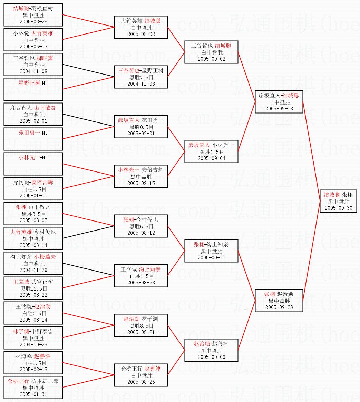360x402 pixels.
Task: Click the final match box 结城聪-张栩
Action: (338, 201)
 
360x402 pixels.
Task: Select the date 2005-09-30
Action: (339, 208)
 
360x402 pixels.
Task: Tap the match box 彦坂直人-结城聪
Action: (279, 102)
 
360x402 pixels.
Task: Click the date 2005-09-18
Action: (279, 108)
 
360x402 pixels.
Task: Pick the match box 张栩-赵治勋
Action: (279, 301)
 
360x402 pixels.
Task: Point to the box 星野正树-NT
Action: (33, 89)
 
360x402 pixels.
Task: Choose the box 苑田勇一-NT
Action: (33, 139)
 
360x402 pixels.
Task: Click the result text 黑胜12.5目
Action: (33, 288)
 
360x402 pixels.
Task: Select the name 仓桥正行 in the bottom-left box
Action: (18, 381)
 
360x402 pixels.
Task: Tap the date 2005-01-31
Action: (33, 394)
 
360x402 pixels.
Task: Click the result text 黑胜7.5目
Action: (141, 77)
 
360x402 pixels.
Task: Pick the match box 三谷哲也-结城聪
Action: (211, 52)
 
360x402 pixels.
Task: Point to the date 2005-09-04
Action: (212, 158)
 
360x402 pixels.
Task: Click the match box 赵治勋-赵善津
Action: (211, 350)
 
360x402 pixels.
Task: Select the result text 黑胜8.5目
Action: (141, 326)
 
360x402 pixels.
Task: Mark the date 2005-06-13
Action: (33, 46)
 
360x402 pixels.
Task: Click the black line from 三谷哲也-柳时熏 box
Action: (88, 71)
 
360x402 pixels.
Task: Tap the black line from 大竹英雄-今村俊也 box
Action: (88, 232)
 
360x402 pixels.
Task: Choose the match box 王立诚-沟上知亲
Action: (141, 276)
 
